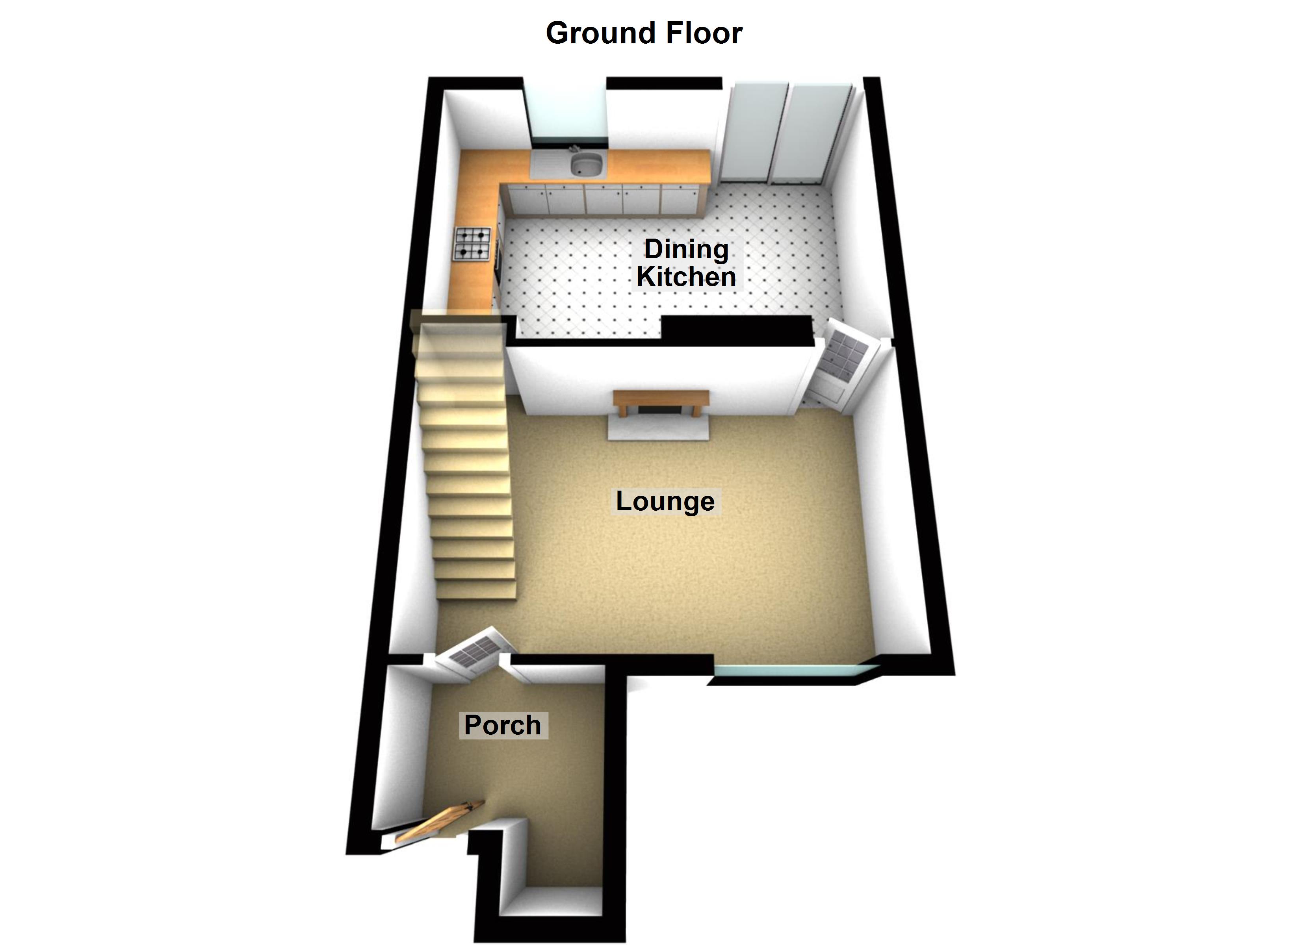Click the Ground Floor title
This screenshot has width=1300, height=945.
click(644, 33)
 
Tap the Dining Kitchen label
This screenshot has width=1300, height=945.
click(686, 263)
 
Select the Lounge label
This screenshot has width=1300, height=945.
click(665, 501)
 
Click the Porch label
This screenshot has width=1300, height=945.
click(503, 725)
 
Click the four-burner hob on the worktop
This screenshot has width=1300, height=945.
click(473, 244)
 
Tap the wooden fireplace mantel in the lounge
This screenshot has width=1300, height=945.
click(661, 397)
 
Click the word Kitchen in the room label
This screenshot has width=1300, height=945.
click(686, 277)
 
